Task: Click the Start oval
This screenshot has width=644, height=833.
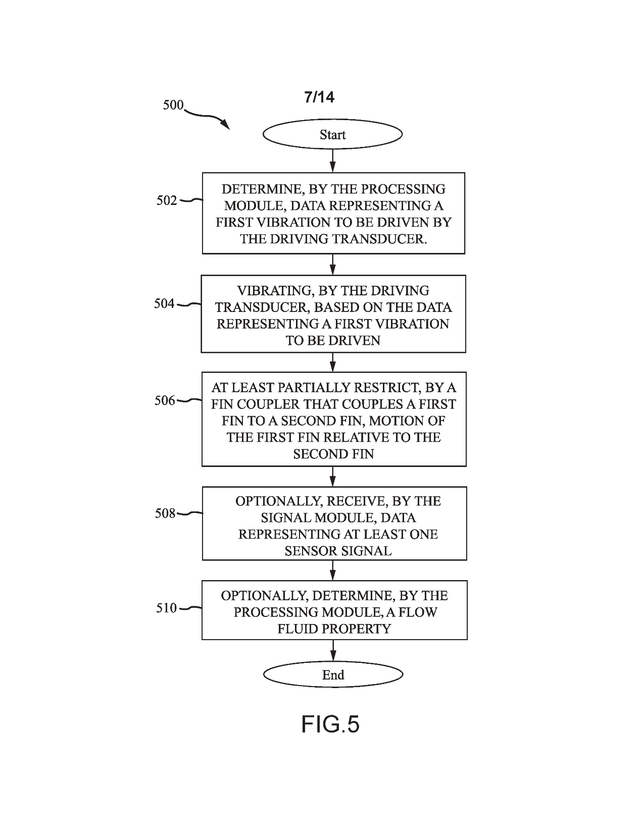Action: pyautogui.click(x=332, y=134)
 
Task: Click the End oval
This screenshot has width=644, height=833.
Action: pyautogui.click(x=333, y=675)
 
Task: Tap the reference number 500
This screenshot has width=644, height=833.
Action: pyautogui.click(x=173, y=106)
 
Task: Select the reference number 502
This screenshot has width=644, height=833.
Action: pyautogui.click(x=167, y=200)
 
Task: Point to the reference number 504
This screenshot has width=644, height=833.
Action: pyautogui.click(x=164, y=303)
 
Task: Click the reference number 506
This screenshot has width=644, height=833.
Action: pyautogui.click(x=165, y=401)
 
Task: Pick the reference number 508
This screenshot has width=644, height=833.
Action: pyautogui.click(x=165, y=513)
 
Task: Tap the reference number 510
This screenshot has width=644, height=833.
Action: pyautogui.click(x=166, y=608)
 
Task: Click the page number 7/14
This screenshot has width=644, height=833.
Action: pyautogui.click(x=319, y=97)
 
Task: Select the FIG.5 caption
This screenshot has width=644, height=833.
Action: pyautogui.click(x=330, y=724)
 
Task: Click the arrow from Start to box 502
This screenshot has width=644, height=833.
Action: pyautogui.click(x=332, y=161)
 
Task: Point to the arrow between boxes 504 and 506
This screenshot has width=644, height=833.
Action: pyautogui.click(x=332, y=362)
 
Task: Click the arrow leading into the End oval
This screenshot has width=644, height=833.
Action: pyautogui.click(x=333, y=651)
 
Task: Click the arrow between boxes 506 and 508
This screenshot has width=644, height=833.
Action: pyautogui.click(x=332, y=476)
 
